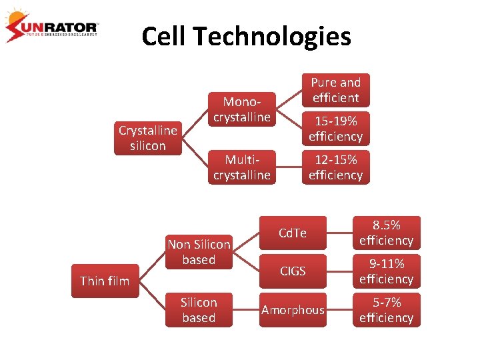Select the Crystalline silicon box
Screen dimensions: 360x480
tap(147, 138)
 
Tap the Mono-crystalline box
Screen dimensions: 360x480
tap(241, 109)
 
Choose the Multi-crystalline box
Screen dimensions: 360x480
tap(241, 167)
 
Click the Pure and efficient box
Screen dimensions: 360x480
tap(335, 90)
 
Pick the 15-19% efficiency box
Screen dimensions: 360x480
tap(335, 129)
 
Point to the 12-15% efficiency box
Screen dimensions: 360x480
tap(335, 167)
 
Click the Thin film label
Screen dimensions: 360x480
tap(105, 281)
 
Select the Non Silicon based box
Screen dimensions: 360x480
tap(199, 252)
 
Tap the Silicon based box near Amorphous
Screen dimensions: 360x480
tap(199, 310)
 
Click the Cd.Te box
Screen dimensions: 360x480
tap(293, 233)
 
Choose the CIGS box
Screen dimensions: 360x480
tap(293, 271)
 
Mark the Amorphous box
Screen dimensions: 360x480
tap(293, 310)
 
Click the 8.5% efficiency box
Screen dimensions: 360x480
tap(386, 233)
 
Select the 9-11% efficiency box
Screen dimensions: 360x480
tap(386, 271)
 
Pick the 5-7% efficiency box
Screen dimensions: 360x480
tap(386, 310)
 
